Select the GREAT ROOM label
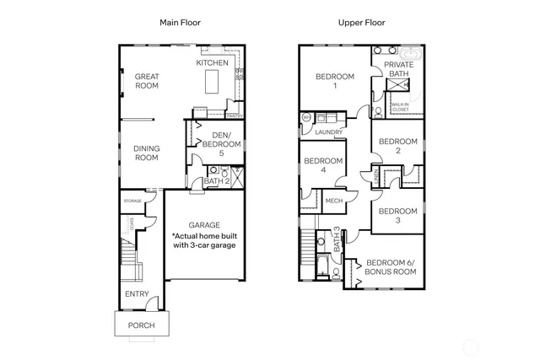click(x=147, y=81)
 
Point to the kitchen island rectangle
click(x=212, y=83)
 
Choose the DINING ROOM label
click(x=147, y=153)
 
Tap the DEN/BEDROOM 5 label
click(x=220, y=144)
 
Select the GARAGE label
click(x=204, y=225)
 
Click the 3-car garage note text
click(x=204, y=240)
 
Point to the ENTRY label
click(x=137, y=294)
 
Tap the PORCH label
click(x=141, y=325)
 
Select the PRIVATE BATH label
click(x=398, y=69)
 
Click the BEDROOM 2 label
click(x=397, y=146)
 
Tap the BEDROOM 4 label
click(x=323, y=165)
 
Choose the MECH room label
click(x=333, y=201)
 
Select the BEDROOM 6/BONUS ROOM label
click(x=390, y=268)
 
